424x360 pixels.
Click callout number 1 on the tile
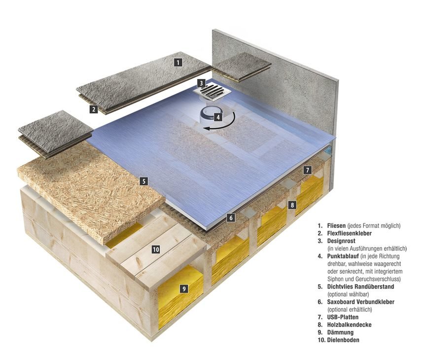click(178, 62)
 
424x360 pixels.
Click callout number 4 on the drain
click(217, 117)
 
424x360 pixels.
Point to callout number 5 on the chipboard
click(143, 181)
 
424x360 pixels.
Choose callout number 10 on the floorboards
click(155, 250)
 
